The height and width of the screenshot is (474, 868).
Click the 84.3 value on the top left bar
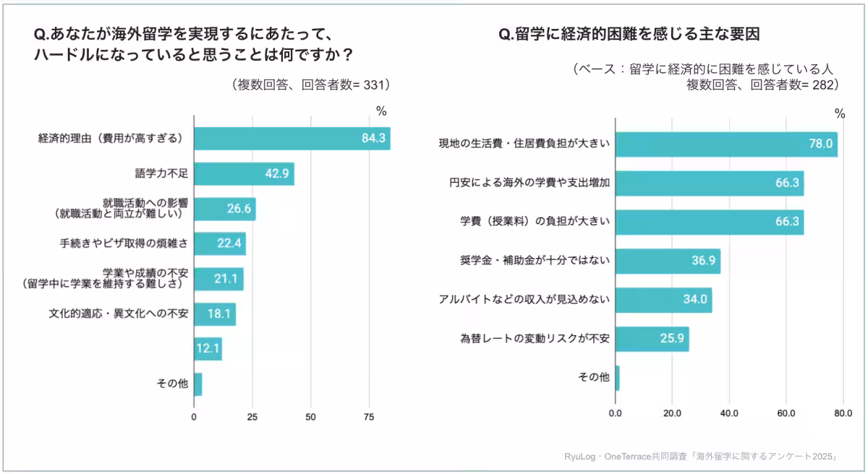click(x=374, y=138)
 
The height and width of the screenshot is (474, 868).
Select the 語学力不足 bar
click(x=244, y=174)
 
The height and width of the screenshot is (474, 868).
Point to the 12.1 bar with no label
click(x=208, y=349)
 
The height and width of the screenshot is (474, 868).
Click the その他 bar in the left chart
click(x=197, y=384)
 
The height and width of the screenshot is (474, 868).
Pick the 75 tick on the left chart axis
click(x=369, y=418)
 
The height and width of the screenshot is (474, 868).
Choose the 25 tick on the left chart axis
click(x=252, y=418)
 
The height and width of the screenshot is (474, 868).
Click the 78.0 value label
click(x=821, y=144)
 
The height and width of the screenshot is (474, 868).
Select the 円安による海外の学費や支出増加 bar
click(x=709, y=184)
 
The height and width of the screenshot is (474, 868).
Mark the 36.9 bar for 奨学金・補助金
click(x=668, y=261)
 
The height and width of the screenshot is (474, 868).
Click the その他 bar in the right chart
click(x=617, y=377)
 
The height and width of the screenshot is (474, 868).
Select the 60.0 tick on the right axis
click(x=786, y=414)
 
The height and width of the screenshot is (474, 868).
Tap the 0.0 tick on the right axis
click(x=616, y=414)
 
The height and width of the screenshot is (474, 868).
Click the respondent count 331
click(x=375, y=85)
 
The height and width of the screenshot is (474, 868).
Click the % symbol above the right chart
click(x=840, y=113)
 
